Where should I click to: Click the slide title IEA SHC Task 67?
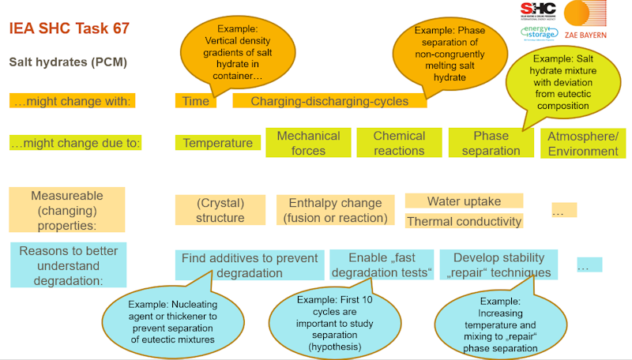pyautogui.click(x=69, y=29)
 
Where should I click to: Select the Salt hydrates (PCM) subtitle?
pyautogui.click(x=68, y=62)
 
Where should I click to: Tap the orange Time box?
pyautogui.click(x=195, y=101)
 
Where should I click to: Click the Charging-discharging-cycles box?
pyautogui.click(x=329, y=101)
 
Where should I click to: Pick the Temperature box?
pyautogui.click(x=218, y=143)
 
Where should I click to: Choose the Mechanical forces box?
pyautogui.click(x=308, y=143)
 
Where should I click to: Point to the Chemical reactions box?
pyautogui.click(x=399, y=143)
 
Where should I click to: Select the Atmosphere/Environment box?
pyautogui.click(x=583, y=143)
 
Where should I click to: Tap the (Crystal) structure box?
pyautogui.click(x=220, y=210)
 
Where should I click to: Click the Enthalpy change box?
pyautogui.click(x=335, y=210)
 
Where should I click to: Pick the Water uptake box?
pyautogui.click(x=464, y=201)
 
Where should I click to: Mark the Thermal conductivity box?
pyautogui.click(x=464, y=222)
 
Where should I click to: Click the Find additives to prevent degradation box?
pyautogui.click(x=250, y=265)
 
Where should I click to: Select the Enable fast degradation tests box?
pyautogui.click(x=382, y=265)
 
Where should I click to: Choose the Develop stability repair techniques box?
pyautogui.click(x=498, y=265)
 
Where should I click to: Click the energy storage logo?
pyautogui.click(x=537, y=32)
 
